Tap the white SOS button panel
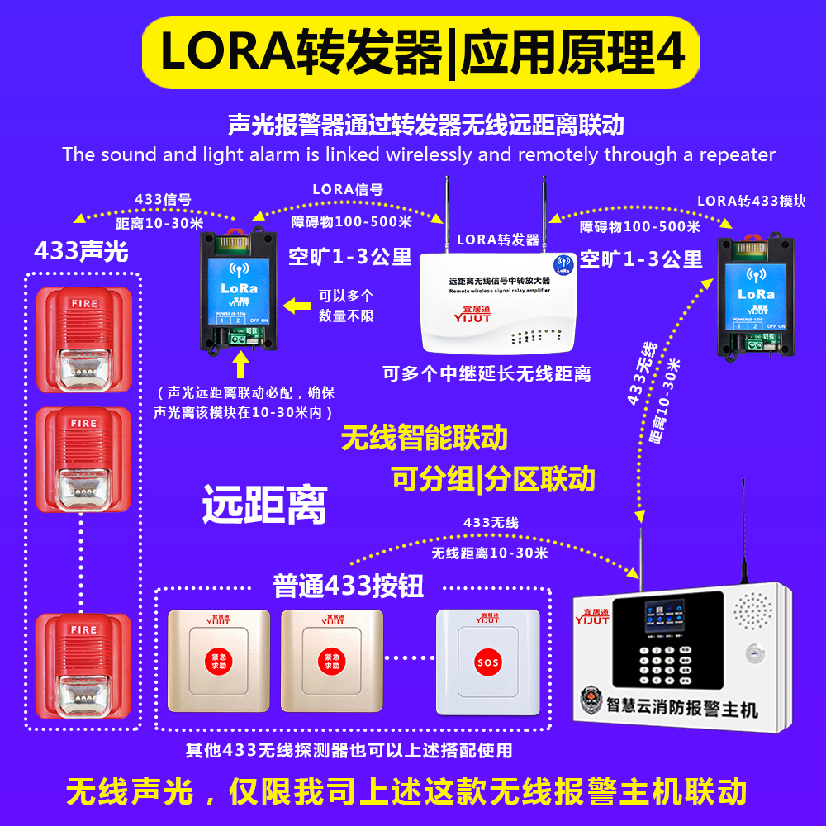tap(487, 662)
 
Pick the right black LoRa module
tap(755, 295)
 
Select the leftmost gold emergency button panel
tap(218, 661)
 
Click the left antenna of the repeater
tap(443, 211)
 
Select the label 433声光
tap(81, 251)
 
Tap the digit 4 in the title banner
tap(670, 52)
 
